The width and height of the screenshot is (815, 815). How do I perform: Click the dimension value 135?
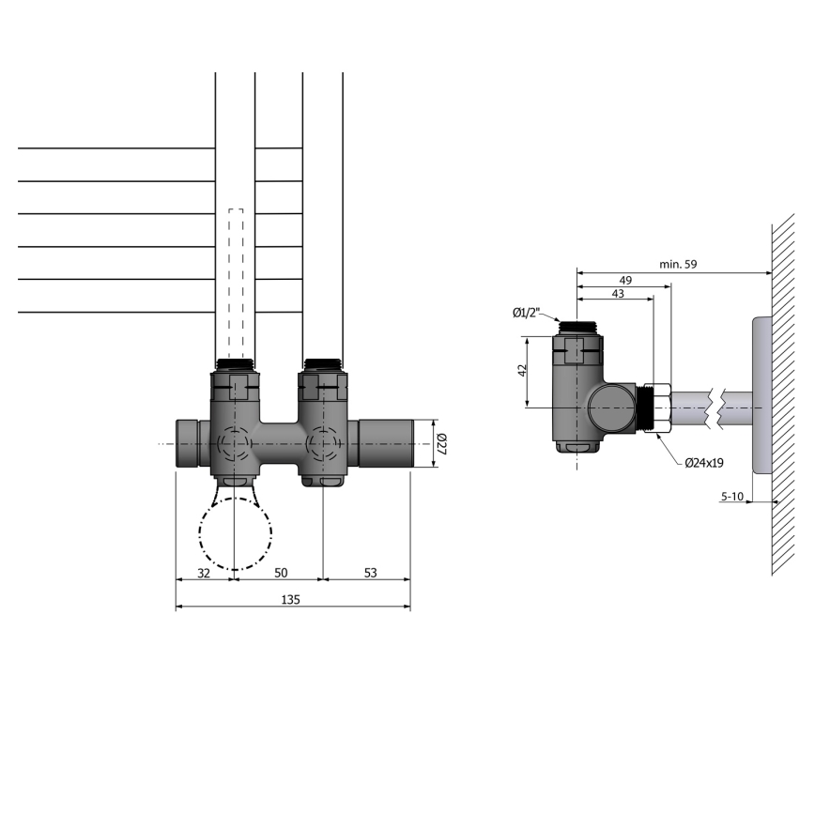click(x=290, y=599)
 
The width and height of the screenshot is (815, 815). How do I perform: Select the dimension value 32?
click(x=203, y=572)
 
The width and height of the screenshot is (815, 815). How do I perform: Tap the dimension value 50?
click(x=279, y=572)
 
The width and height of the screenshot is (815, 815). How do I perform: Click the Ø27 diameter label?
click(x=441, y=443)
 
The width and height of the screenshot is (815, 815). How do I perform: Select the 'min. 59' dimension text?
click(x=677, y=265)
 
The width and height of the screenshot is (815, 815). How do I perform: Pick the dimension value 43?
click(x=617, y=295)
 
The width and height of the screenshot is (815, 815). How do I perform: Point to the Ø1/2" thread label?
click(x=531, y=313)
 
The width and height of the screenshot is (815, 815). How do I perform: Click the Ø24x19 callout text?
click(x=703, y=462)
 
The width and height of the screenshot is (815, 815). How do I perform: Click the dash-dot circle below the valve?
click(x=235, y=533)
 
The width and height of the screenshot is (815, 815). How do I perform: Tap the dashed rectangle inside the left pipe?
click(x=236, y=282)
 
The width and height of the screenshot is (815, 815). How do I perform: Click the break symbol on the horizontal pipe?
click(x=721, y=407)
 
